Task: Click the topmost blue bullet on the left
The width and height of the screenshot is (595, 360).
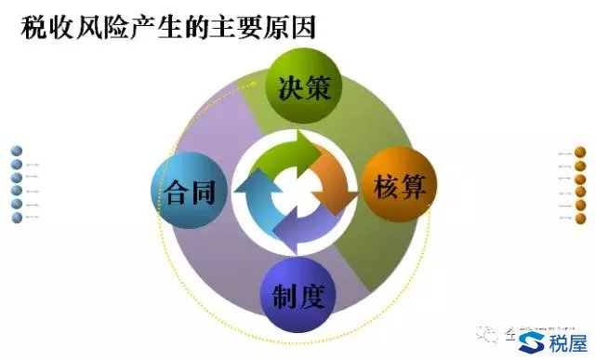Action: pos(17,152)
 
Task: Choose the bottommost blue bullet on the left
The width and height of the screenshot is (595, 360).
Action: pos(17,218)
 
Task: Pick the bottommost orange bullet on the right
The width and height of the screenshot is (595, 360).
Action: pos(580,218)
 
